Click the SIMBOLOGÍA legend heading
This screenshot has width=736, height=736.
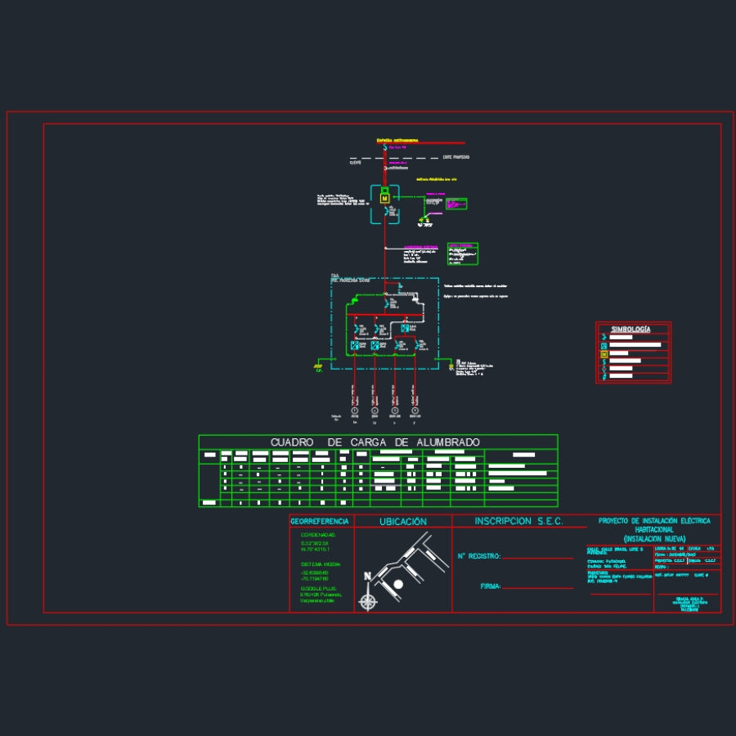coord(631,329)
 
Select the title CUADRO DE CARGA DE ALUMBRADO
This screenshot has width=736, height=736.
coord(375,442)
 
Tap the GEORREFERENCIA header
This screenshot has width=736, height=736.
coord(320,521)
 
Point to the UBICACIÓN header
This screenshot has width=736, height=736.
coord(402,521)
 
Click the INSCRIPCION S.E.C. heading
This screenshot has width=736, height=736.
coord(518,521)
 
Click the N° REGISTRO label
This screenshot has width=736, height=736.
coord(478,556)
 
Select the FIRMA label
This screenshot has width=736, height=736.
coord(491,586)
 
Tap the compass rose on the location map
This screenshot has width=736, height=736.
coord(369,602)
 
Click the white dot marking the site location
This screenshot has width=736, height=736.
coord(398,584)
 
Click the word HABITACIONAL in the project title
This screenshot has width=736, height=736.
coord(654,530)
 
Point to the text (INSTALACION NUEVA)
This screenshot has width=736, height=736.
coord(654,539)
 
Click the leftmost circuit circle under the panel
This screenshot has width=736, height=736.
coord(355,411)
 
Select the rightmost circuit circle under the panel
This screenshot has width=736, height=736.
coord(415,411)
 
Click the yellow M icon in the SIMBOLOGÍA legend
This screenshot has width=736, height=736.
coord(604,354)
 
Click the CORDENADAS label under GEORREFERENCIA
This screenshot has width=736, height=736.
coord(319,535)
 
